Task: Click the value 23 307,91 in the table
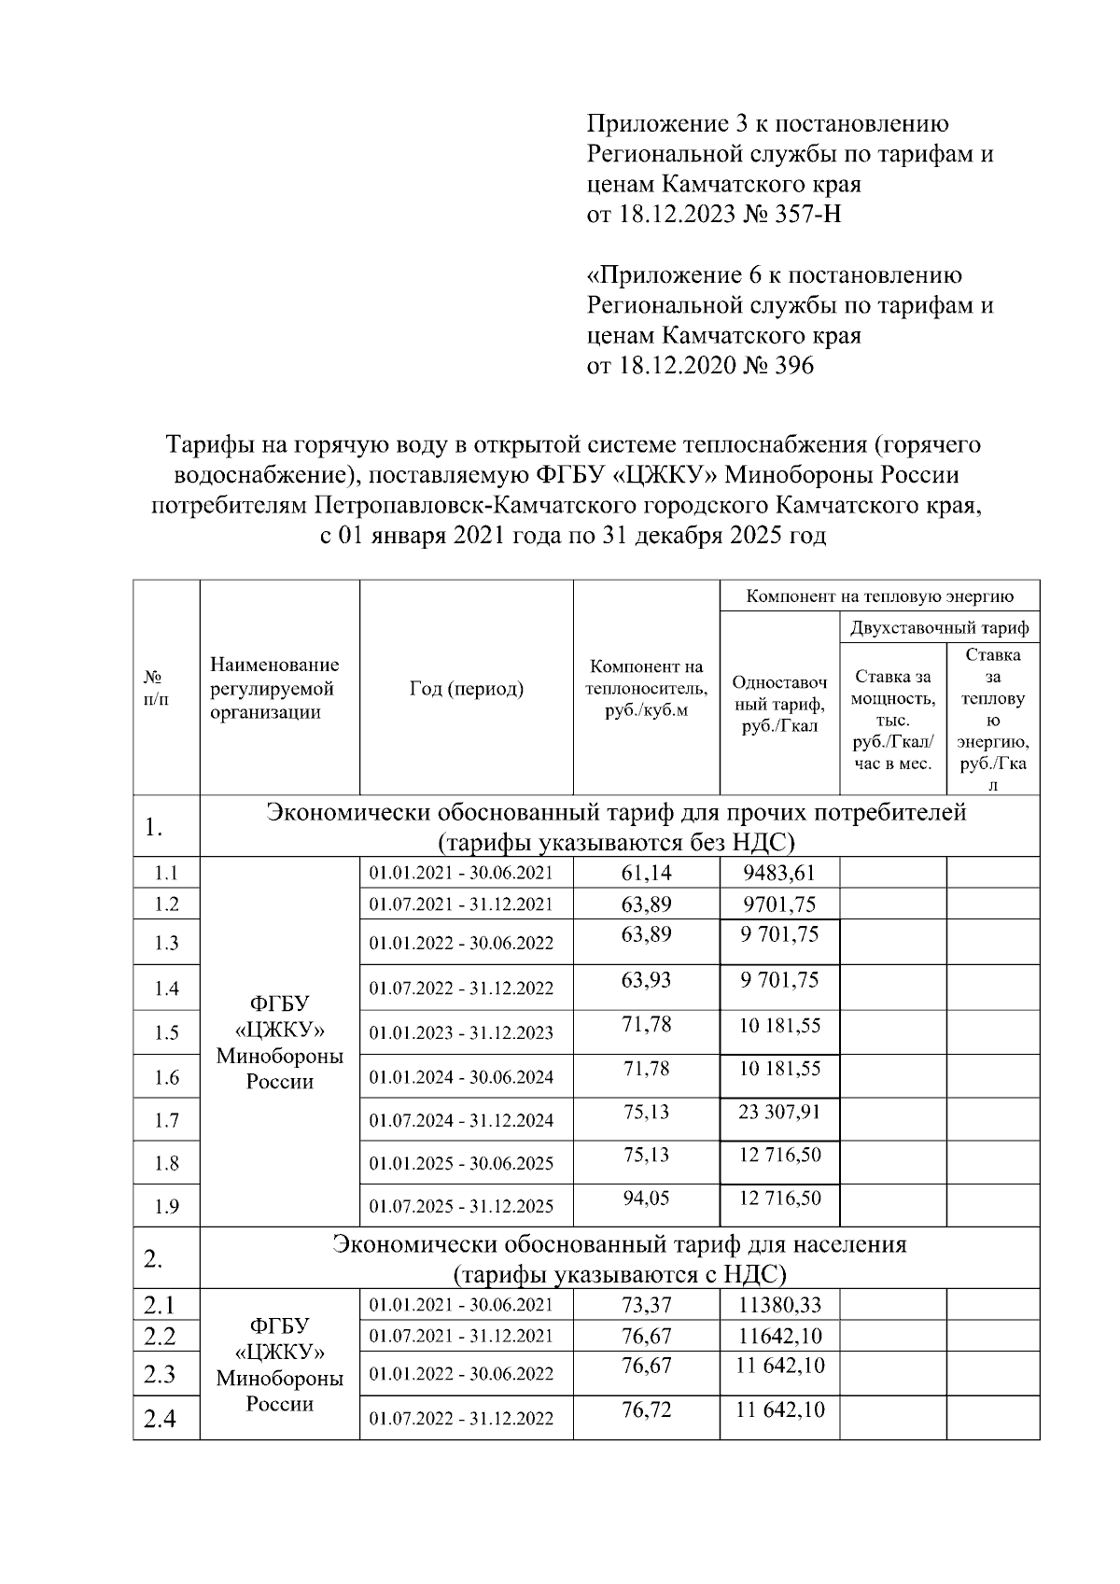tap(779, 1112)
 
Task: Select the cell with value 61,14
tap(646, 873)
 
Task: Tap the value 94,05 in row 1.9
tap(646, 1198)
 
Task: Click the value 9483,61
tap(779, 873)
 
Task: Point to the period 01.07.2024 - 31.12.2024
tap(461, 1120)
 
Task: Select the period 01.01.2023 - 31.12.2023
tap(461, 1033)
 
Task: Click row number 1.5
tap(166, 1033)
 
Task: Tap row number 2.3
tap(160, 1374)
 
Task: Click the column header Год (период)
tap(466, 690)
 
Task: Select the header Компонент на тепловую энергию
tap(879, 596)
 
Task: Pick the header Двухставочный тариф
tap(939, 627)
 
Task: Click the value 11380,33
tap(779, 1305)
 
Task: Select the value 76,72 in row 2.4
tap(646, 1409)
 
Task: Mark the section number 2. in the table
tap(154, 1259)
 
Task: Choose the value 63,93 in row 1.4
tap(646, 980)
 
